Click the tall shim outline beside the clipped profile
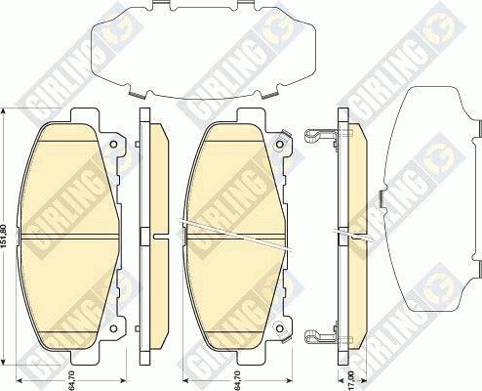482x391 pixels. pyautogui.click(x=429, y=195)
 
